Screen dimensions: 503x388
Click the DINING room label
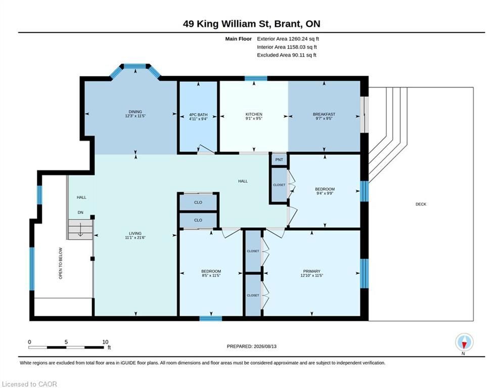click(135, 112)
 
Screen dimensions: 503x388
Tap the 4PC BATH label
click(198, 115)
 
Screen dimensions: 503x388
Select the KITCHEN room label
click(254, 114)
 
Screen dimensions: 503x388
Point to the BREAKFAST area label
click(324, 114)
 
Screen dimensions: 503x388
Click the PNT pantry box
click(279, 160)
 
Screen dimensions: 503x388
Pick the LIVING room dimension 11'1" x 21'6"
click(135, 237)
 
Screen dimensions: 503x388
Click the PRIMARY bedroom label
click(311, 271)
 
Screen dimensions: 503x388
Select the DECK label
click(421, 204)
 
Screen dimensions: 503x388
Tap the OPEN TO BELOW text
click(61, 263)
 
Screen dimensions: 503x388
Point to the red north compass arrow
click(464, 345)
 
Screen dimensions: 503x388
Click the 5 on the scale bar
click(66, 342)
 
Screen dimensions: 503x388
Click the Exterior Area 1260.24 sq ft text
click(288, 39)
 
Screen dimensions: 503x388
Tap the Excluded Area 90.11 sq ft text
click(287, 55)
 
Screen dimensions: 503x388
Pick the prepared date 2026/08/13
click(265, 346)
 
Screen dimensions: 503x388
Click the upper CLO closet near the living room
click(198, 203)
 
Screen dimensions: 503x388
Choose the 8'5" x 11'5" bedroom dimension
click(211, 275)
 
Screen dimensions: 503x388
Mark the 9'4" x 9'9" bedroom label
click(325, 193)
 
